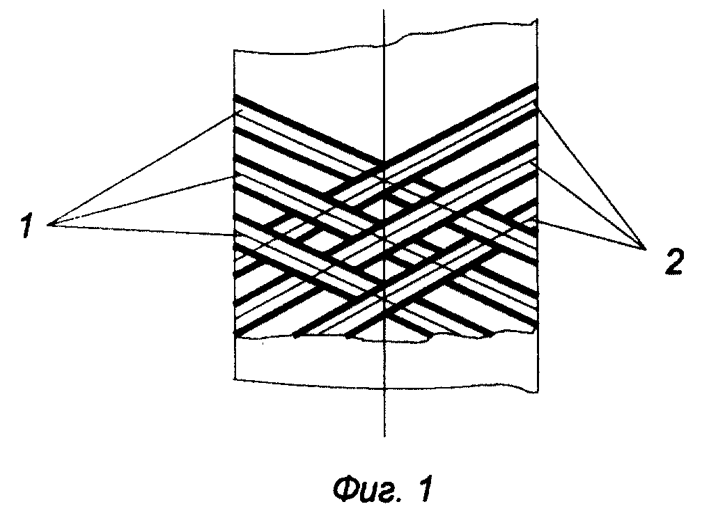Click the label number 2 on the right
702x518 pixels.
coord(673,262)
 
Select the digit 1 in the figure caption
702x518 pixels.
coord(426,490)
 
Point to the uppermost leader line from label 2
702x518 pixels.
coord(591,179)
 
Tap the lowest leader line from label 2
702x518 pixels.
coord(590,234)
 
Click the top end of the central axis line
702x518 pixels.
coord(384,9)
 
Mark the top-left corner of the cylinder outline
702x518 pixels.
coord(234,50)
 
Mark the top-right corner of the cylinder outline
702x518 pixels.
coord(537,19)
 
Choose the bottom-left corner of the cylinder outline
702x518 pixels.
coord(234,380)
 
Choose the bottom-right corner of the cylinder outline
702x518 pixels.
coord(538,393)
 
